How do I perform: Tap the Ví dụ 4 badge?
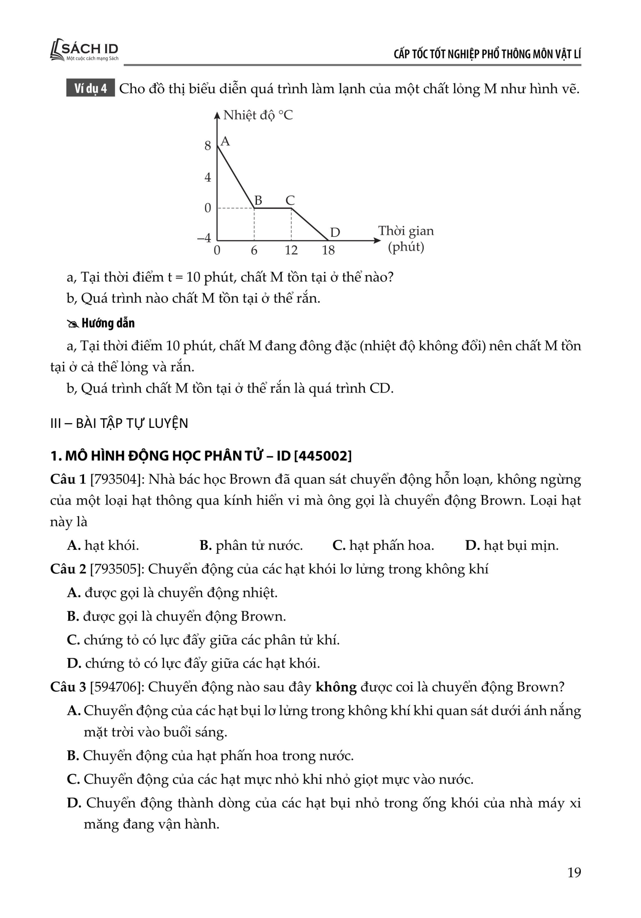click(x=90, y=88)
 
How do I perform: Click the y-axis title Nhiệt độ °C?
click(x=258, y=115)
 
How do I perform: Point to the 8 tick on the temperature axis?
click(x=208, y=146)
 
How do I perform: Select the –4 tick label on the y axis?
click(x=204, y=238)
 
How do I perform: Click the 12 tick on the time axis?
click(x=291, y=250)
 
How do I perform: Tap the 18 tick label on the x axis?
click(x=328, y=250)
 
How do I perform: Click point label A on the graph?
click(x=225, y=142)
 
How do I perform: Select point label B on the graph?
click(x=258, y=200)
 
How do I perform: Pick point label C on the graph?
click(x=290, y=200)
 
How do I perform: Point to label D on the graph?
click(x=335, y=232)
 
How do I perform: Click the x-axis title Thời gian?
click(x=406, y=231)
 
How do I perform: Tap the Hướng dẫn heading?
click(x=108, y=323)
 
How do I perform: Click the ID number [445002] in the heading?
click(x=323, y=456)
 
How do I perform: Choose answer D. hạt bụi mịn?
click(x=512, y=546)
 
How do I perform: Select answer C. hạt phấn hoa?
click(x=383, y=546)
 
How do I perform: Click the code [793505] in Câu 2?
click(x=117, y=569)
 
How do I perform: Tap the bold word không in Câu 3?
click(x=336, y=687)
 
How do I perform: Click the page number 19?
click(x=574, y=873)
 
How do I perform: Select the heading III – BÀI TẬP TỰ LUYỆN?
click(x=119, y=423)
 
